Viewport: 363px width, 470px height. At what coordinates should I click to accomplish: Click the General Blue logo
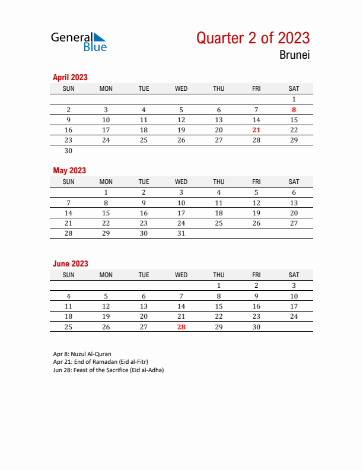click(x=78, y=42)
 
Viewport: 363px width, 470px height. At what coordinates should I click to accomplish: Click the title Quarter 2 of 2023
click(x=253, y=38)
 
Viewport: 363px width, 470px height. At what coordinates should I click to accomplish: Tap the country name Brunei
click(x=295, y=56)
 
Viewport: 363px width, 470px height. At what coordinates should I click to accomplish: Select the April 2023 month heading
click(x=70, y=77)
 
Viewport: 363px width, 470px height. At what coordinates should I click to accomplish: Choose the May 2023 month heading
click(x=69, y=170)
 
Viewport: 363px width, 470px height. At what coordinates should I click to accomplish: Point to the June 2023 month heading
click(x=71, y=263)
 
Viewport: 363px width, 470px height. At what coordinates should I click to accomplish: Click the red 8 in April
click(x=294, y=109)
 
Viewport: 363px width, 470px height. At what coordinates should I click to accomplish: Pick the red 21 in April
click(x=256, y=129)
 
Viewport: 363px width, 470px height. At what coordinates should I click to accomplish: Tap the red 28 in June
click(x=181, y=326)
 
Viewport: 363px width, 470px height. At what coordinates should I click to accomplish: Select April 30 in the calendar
click(x=68, y=150)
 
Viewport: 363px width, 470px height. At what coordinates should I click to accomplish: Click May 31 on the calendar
click(x=181, y=233)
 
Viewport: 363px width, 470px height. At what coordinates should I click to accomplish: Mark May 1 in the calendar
click(x=106, y=192)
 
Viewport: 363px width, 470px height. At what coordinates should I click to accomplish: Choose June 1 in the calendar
click(x=219, y=285)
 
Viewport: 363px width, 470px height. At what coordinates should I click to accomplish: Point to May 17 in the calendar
click(x=181, y=212)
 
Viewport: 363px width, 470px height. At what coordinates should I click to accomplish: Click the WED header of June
click(x=181, y=275)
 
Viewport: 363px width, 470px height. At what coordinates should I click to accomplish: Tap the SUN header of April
click(x=68, y=88)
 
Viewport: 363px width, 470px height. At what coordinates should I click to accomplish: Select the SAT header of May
click(x=294, y=182)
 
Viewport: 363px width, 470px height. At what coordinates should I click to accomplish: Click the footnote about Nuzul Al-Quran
click(x=82, y=354)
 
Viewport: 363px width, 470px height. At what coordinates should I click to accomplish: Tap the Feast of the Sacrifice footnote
click(x=108, y=370)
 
